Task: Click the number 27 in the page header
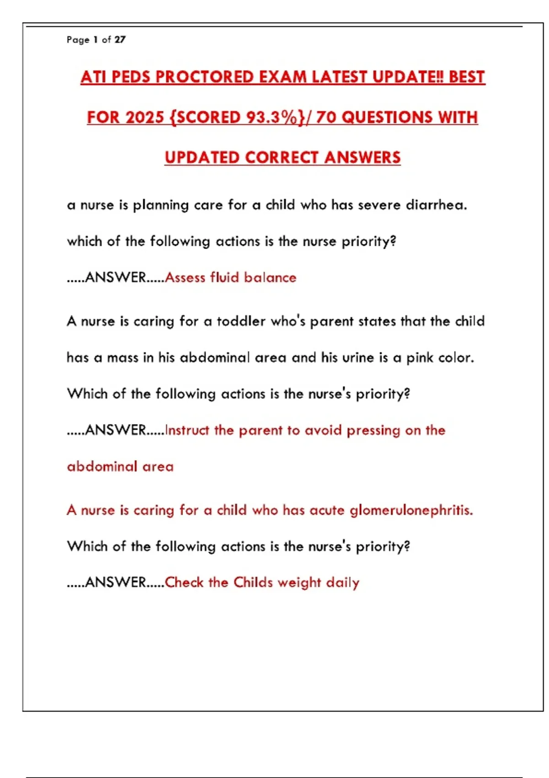point(120,40)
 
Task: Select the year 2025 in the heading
point(144,117)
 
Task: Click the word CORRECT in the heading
point(281,157)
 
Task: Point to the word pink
point(420,358)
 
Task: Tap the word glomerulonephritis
point(411,510)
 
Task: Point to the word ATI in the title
point(93,77)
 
